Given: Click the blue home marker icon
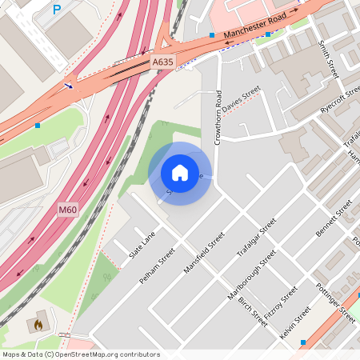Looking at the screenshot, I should (x=180, y=173).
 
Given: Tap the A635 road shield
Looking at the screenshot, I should (x=162, y=62).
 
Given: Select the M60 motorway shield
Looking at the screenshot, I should (x=68, y=209).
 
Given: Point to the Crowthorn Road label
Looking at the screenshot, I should (x=218, y=118).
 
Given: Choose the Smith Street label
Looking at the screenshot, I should (x=328, y=59).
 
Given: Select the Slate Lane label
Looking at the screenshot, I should (x=142, y=245).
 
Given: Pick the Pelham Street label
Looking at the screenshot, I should (x=157, y=265).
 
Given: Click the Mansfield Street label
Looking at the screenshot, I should (x=205, y=253).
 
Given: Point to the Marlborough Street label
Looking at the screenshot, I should (x=251, y=274).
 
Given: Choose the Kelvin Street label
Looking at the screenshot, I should (x=295, y=325).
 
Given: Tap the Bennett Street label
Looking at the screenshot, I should (x=334, y=219).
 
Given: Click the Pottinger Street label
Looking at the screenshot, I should (x=335, y=302).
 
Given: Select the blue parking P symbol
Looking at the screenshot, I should (x=56, y=10).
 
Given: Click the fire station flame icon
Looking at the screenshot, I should (x=37, y=326).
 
